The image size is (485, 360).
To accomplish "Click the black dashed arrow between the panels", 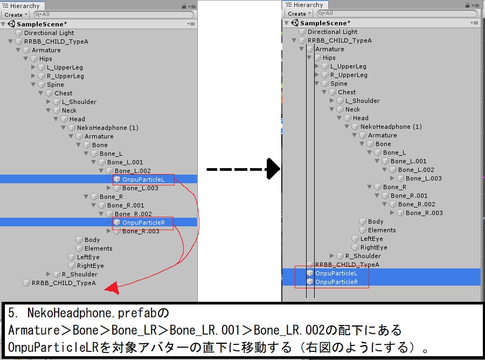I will pos(242,169).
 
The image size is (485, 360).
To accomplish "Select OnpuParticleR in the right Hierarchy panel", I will pos(336,282).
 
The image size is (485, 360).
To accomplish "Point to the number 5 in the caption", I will pos(11,312).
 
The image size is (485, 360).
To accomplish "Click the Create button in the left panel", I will pos(15,15).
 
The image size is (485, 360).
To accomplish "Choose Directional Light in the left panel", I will pos(49,33).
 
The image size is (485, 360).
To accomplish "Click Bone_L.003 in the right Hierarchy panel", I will pos(424,178).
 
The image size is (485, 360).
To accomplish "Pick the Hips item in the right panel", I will pos(329,58).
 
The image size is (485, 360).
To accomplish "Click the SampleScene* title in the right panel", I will pos(325,23).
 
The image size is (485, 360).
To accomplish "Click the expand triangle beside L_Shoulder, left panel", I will pos(48,102).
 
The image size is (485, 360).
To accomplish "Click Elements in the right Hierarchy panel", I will pos(382,230).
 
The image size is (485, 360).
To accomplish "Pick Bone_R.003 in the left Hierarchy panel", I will pos(141,231).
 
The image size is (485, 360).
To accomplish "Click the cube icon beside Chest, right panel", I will pos(332,92).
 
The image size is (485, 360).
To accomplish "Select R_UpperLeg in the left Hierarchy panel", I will pos(65,76).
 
